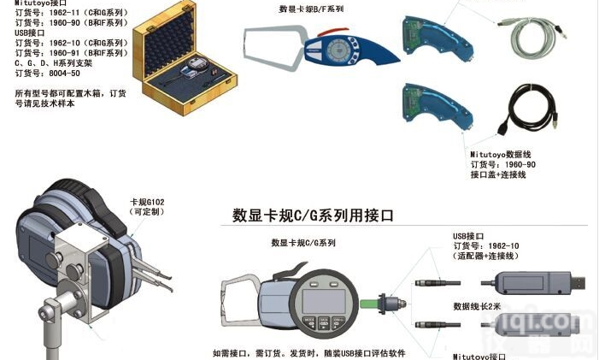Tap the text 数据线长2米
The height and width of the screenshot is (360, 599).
481,305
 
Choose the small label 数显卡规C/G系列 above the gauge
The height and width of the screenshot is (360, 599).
303,243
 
